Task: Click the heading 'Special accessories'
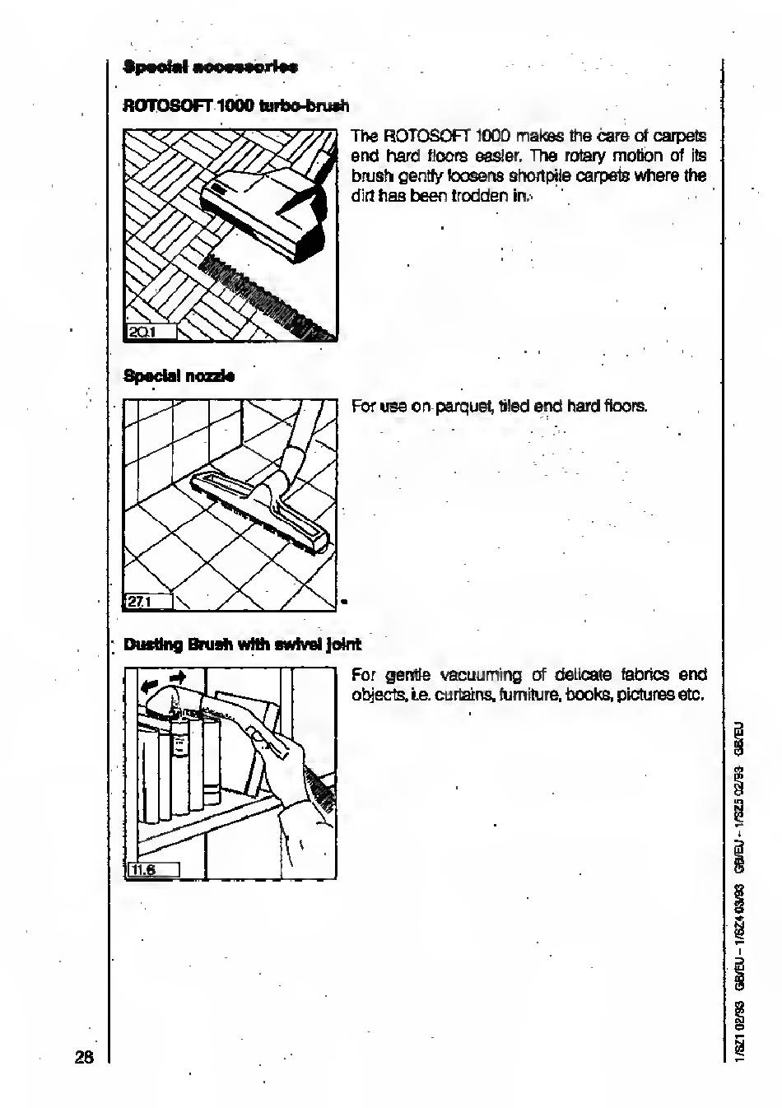coord(210,66)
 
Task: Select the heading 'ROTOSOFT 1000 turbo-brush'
coord(236,106)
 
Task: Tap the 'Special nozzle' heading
coord(179,376)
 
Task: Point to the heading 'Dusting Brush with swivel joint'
coord(242,644)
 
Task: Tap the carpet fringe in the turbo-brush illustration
coord(263,296)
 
